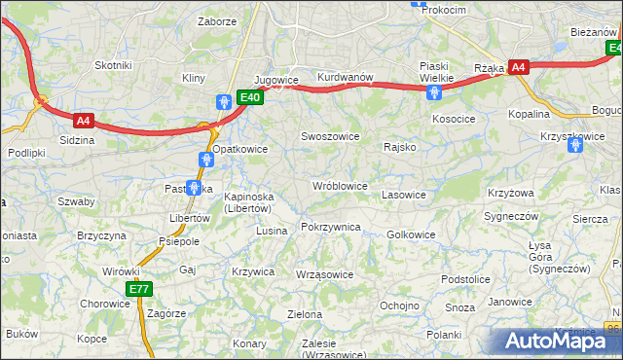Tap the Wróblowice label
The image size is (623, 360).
[339, 185]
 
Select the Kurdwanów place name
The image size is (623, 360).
[345, 78]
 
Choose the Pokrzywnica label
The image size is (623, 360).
[331, 227]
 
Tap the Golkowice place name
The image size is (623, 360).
[411, 234]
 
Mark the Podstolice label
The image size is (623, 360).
[464, 279]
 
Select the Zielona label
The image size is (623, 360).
[305, 314]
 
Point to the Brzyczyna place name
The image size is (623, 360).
[102, 235]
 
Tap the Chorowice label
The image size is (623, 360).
[105, 304]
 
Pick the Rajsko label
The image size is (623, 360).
[400, 148]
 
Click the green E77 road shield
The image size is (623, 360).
[139, 289]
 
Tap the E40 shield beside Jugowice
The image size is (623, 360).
[249, 97]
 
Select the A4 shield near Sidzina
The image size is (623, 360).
[84, 121]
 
